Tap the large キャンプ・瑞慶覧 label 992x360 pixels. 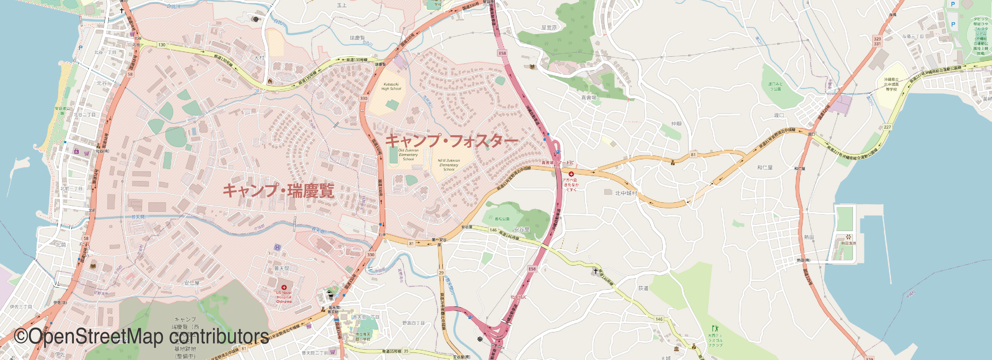pyautogui.click(x=278, y=191)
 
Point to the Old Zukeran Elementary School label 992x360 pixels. pyautogui.click(x=408, y=154)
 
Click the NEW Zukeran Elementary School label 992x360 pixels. pyautogui.click(x=449, y=165)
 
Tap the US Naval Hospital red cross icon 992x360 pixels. pyautogui.click(x=284, y=287)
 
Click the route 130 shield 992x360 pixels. pyautogui.click(x=162, y=45)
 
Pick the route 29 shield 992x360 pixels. pyautogui.click(x=441, y=273)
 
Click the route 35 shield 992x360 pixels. pyautogui.click(x=406, y=351)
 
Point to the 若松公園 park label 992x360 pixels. pyautogui.click(x=502, y=219)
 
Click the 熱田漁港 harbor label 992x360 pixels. pyautogui.click(x=848, y=243)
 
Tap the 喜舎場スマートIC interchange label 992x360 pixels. pyautogui.click(x=557, y=162)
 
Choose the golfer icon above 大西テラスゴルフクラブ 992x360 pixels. pyautogui.click(x=715, y=328)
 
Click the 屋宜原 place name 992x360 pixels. pyautogui.click(x=549, y=28)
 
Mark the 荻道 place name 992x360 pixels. pyautogui.click(x=643, y=288)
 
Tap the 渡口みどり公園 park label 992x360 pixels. pyautogui.click(x=775, y=86)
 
